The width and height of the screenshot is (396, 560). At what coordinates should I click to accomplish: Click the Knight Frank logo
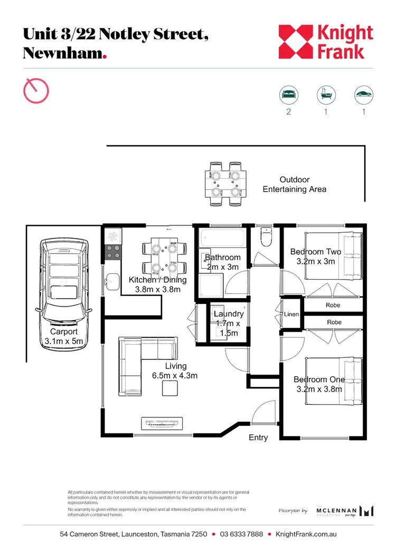point(326,42)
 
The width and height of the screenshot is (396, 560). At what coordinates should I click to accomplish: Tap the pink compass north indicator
point(36,90)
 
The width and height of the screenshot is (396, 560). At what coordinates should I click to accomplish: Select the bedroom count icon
point(288,95)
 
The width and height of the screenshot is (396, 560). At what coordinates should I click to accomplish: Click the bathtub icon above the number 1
point(325,95)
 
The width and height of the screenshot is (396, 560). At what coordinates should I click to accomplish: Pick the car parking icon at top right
point(363,95)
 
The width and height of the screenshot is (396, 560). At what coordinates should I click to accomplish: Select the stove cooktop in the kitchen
point(113,251)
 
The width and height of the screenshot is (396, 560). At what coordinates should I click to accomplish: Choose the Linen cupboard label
point(291,314)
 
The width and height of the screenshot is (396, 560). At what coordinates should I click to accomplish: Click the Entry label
point(258,438)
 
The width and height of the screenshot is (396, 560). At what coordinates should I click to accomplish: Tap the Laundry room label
point(229,314)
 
